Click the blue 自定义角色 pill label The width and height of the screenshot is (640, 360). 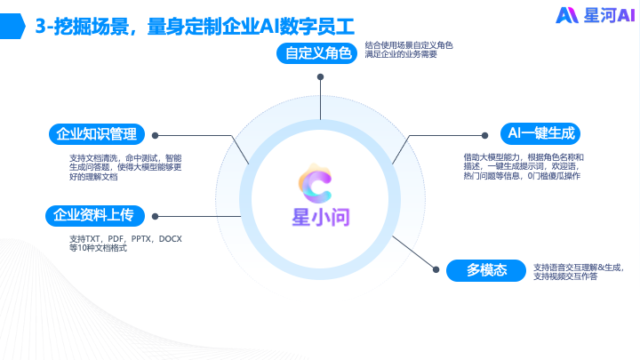coord(318,52)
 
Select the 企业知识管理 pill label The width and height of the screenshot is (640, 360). coord(96,134)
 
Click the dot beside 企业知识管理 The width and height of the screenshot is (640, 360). coord(156,136)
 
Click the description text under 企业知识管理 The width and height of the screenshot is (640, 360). coord(124,167)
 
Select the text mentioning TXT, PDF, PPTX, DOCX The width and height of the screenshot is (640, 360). coord(125,244)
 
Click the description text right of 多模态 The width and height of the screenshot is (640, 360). coord(579,271)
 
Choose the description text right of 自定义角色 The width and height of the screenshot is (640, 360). coord(408,49)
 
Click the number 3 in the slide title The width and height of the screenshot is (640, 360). coord(40,26)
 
